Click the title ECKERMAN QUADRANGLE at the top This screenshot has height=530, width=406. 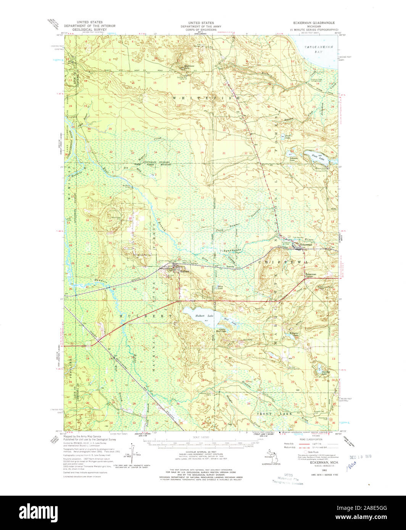311,23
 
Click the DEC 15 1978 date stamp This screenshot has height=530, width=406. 361,456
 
